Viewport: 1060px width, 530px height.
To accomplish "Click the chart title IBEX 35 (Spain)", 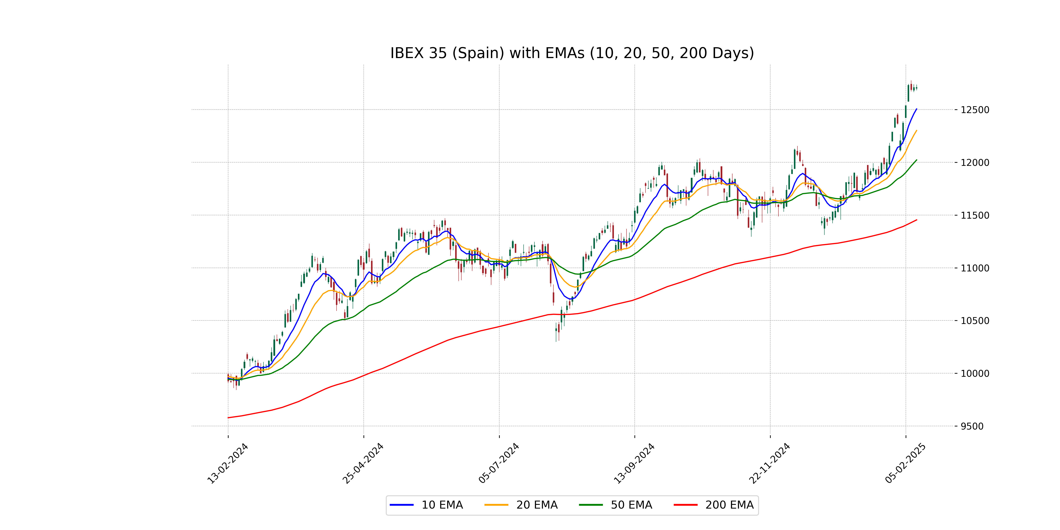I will click(572, 53).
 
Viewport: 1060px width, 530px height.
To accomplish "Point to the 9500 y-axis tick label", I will click(972, 426).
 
